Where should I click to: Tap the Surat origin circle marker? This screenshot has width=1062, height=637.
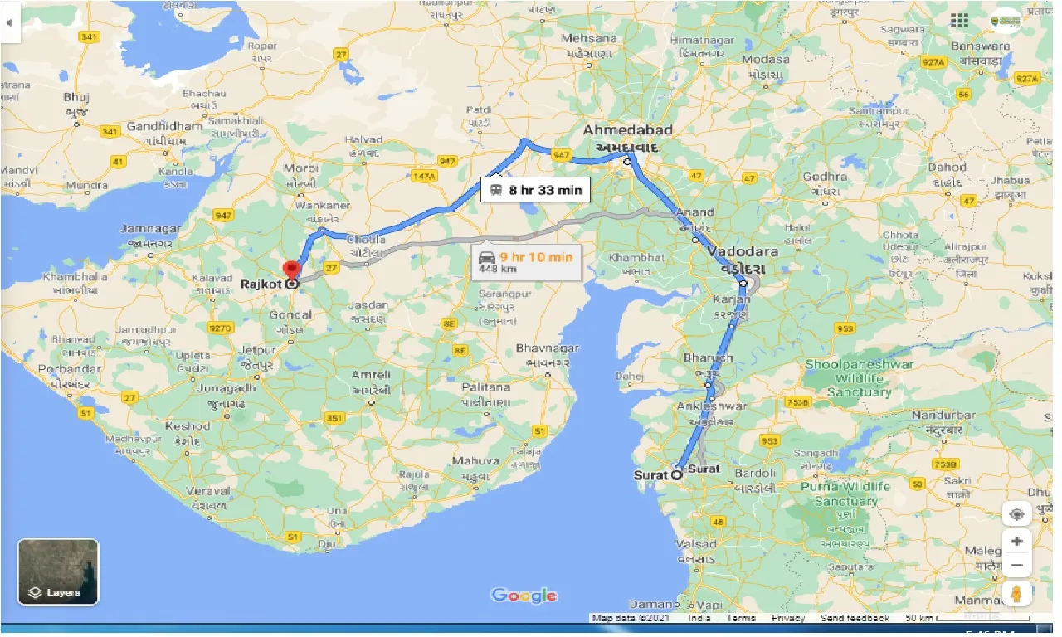(x=676, y=475)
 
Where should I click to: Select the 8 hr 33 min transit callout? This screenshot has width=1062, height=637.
(x=535, y=190)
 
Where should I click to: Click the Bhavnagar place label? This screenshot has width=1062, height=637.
(x=547, y=348)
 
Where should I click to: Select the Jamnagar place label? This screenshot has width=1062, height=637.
(x=150, y=228)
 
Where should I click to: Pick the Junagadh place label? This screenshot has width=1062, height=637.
(x=225, y=387)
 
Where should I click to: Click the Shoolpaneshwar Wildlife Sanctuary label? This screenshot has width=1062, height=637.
(x=859, y=378)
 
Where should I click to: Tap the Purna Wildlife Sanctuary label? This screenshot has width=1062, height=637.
(x=845, y=494)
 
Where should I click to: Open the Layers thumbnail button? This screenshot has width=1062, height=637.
(x=58, y=571)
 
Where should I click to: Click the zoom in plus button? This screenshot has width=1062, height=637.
(x=1016, y=541)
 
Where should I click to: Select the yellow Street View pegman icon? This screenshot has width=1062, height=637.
(x=1016, y=594)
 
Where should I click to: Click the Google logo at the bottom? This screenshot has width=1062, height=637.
(x=524, y=595)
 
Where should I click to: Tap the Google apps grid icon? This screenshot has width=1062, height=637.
(x=960, y=21)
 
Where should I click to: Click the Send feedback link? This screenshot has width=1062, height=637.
(x=856, y=618)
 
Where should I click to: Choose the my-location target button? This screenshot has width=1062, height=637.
(x=1016, y=514)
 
